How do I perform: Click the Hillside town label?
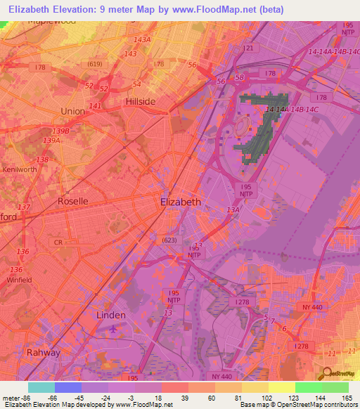pos(140,101)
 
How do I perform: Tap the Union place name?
pos(72,111)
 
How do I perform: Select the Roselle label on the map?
pos(72,201)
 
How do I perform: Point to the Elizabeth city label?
pos(181,202)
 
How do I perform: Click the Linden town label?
pos(110,316)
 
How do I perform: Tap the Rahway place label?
pos(43,352)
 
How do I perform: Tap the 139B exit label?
pos(61,131)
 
